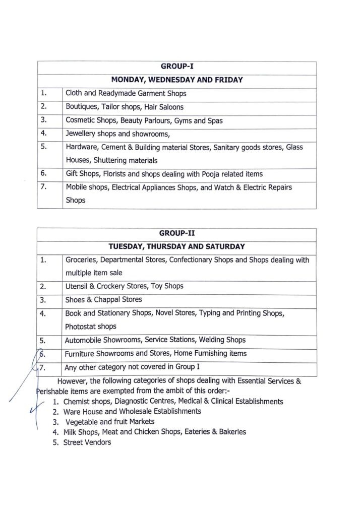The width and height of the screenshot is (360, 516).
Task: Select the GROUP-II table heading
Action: [176, 233]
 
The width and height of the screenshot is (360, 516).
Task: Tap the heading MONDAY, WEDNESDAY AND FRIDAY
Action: [176, 80]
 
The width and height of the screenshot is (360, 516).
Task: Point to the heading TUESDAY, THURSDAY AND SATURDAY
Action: [176, 246]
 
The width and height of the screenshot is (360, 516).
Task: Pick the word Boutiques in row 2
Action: [82, 107]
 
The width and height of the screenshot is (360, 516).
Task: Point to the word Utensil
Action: [77, 286]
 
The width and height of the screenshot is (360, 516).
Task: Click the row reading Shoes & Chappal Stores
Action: [103, 300]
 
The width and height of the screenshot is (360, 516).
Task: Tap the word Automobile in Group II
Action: [84, 340]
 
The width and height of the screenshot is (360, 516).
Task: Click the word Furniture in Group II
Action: [81, 353]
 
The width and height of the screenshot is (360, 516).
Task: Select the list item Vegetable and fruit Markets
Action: [110, 422]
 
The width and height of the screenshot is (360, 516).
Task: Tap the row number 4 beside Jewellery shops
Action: [44, 134]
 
